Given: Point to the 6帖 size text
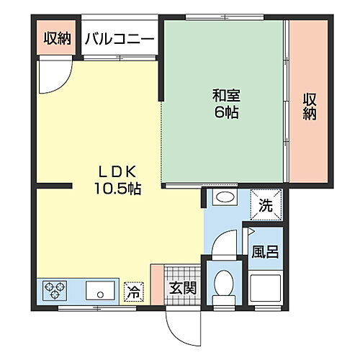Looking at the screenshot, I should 225,112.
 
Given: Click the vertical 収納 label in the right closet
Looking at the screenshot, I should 309,106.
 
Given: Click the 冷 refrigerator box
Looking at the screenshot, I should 134,292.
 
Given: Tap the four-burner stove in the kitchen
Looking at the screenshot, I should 54,290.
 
